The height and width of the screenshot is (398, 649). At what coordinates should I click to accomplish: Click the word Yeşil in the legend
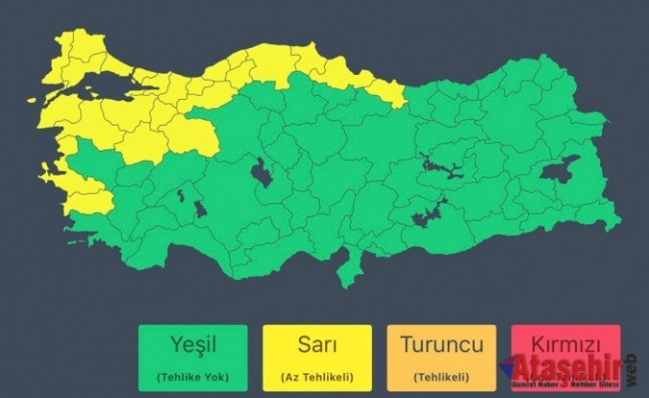(x=192, y=343)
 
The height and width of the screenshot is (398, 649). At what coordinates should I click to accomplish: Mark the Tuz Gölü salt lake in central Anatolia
(x=260, y=174)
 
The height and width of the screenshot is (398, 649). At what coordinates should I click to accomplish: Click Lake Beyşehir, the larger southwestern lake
(x=199, y=208)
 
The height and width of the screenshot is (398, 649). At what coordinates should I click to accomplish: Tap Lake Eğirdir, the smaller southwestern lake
(x=179, y=196)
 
